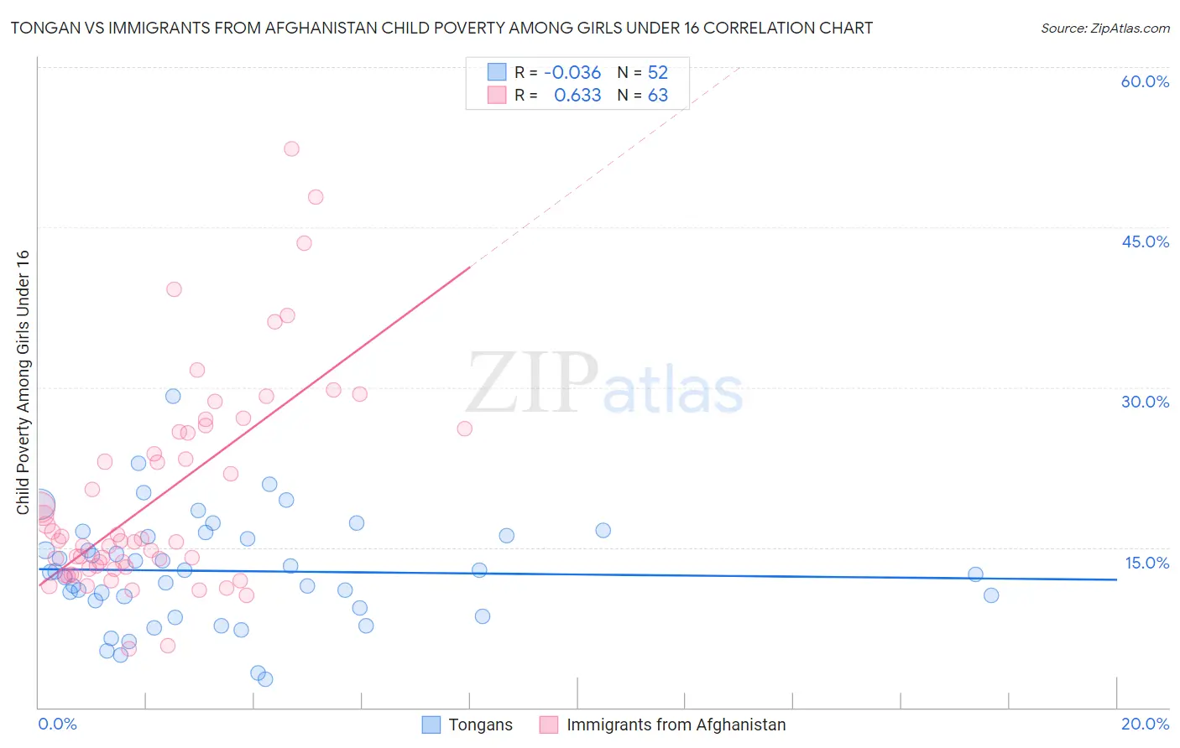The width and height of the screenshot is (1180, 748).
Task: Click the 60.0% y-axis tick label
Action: tap(1145, 82)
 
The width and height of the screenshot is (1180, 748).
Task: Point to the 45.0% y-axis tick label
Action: tap(1145, 242)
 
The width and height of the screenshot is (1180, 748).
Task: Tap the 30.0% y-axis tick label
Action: tap(1145, 402)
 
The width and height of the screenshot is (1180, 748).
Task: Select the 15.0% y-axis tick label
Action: tap(1146, 563)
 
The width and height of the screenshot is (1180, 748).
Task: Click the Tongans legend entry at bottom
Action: tap(479, 725)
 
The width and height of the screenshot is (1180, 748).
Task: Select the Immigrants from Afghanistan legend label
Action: tap(676, 725)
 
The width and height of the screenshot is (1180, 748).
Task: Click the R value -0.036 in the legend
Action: tap(572, 73)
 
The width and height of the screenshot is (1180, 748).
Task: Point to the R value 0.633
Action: tap(577, 96)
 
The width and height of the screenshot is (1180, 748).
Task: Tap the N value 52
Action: tap(657, 73)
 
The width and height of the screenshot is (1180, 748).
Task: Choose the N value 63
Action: tap(657, 96)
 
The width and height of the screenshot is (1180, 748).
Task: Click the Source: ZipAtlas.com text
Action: tap(1104, 29)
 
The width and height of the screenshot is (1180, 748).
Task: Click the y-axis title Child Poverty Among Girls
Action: tap(23, 382)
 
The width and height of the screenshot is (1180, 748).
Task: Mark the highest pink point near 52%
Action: tap(291, 149)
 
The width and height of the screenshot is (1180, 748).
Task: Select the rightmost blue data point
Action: tap(991, 595)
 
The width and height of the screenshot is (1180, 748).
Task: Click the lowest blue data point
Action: tap(265, 679)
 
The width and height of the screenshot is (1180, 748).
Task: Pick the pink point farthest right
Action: tap(464, 429)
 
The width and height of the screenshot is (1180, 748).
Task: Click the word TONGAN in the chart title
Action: tap(42, 29)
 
